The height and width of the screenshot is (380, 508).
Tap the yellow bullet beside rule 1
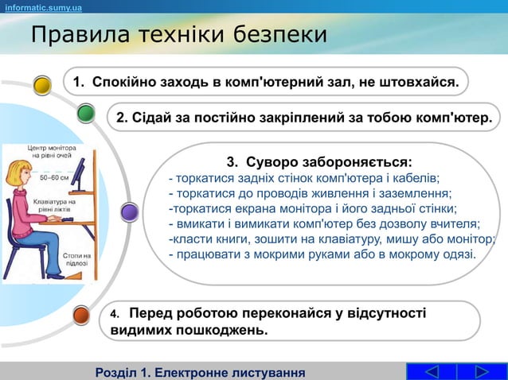tap(44, 83)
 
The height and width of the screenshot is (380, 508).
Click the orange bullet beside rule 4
tap(81, 315)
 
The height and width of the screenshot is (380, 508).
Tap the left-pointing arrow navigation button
tap(431, 371)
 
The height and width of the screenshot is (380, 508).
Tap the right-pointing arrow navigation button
tap(482, 371)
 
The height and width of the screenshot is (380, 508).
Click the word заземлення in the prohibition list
tap(416, 193)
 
